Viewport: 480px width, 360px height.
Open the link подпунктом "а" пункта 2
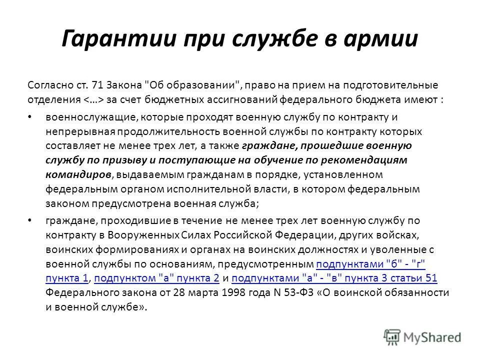click(156, 278)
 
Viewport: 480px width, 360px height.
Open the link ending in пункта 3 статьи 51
click(334, 278)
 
